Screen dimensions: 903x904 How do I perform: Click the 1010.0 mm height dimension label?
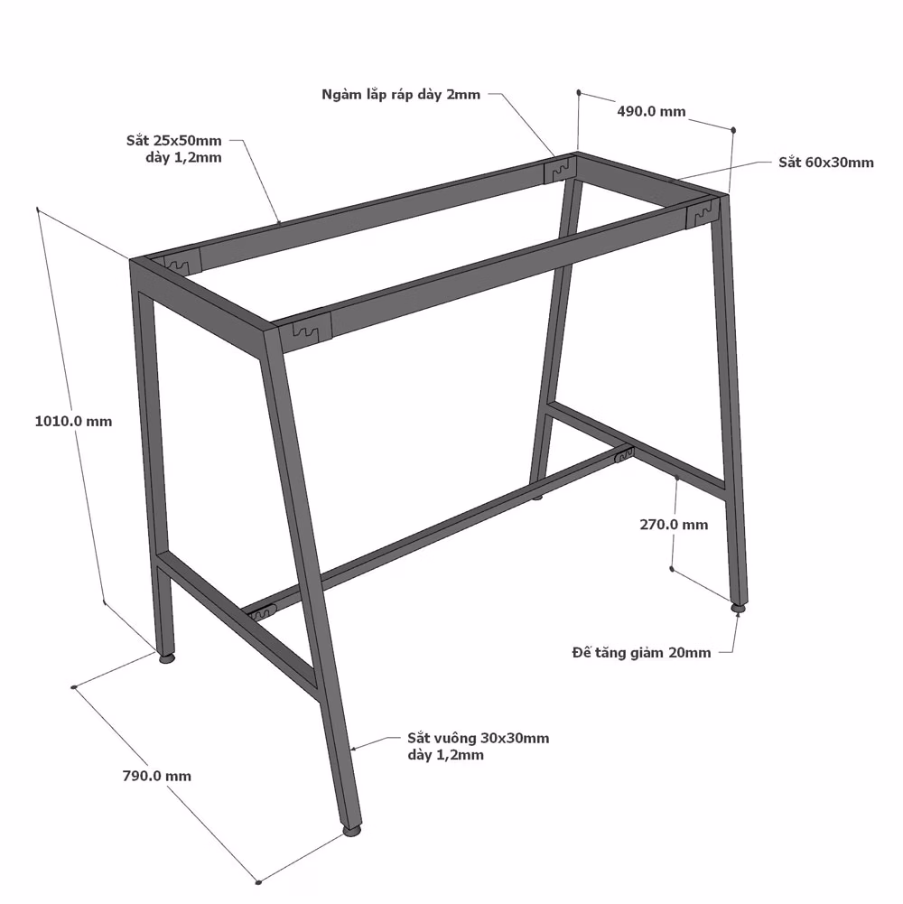pyautogui.click(x=73, y=422)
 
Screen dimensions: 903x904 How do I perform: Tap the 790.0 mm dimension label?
pyautogui.click(x=157, y=776)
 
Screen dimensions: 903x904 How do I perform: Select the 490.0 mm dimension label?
pyautogui.click(x=652, y=111)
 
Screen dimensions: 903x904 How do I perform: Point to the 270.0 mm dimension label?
pyautogui.click(x=674, y=525)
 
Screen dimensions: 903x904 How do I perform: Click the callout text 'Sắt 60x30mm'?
pyautogui.click(x=825, y=162)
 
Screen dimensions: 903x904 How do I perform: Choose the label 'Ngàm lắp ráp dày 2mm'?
pyautogui.click(x=401, y=95)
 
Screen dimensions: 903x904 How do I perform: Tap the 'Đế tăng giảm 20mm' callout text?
pyautogui.click(x=641, y=653)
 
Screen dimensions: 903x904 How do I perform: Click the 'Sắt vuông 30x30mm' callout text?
pyautogui.click(x=478, y=738)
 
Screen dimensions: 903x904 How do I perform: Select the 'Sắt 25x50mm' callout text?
pyautogui.click(x=174, y=140)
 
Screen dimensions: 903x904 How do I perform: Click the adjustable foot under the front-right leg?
pyautogui.click(x=352, y=831)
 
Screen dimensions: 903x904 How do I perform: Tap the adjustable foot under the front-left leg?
pyautogui.click(x=167, y=657)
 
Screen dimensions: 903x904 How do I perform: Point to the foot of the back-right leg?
pyautogui.click(x=739, y=607)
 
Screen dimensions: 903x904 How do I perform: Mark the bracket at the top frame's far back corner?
pyautogui.click(x=559, y=170)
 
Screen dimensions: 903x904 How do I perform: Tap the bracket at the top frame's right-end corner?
pyautogui.click(x=703, y=213)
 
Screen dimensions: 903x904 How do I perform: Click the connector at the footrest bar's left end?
pyautogui.click(x=263, y=612)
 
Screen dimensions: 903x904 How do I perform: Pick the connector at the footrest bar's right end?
pyautogui.click(x=624, y=453)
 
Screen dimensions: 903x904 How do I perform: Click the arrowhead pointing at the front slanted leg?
pyautogui.click(x=354, y=749)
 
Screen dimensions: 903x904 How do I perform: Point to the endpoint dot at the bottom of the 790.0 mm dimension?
pyautogui.click(x=258, y=881)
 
